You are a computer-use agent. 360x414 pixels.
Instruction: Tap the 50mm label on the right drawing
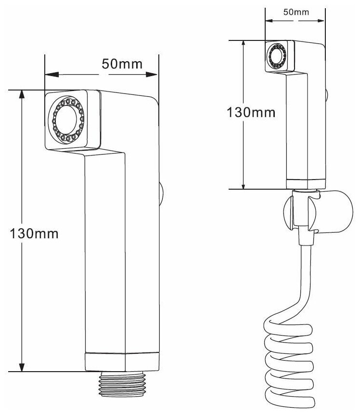(296, 13)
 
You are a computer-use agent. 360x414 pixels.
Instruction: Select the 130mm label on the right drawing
(251, 112)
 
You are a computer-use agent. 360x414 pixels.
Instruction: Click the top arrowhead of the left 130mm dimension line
(22, 94)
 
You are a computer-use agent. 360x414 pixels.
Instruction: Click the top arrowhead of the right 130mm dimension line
(244, 44)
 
